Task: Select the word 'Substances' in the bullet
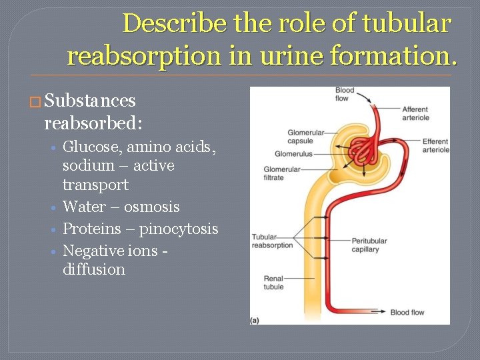coord(89,101)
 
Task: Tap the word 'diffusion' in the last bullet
coord(94,269)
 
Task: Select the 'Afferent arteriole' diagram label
coord(415,113)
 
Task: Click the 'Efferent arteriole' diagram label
coord(435,145)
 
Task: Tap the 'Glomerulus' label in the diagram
coord(293,154)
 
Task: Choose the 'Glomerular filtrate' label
coord(283,173)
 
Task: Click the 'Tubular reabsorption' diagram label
coord(272,241)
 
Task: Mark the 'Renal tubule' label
coord(273,283)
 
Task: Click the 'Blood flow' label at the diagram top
coord(345,94)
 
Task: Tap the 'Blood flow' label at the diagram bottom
coord(407,312)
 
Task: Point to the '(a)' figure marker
coord(255,320)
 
